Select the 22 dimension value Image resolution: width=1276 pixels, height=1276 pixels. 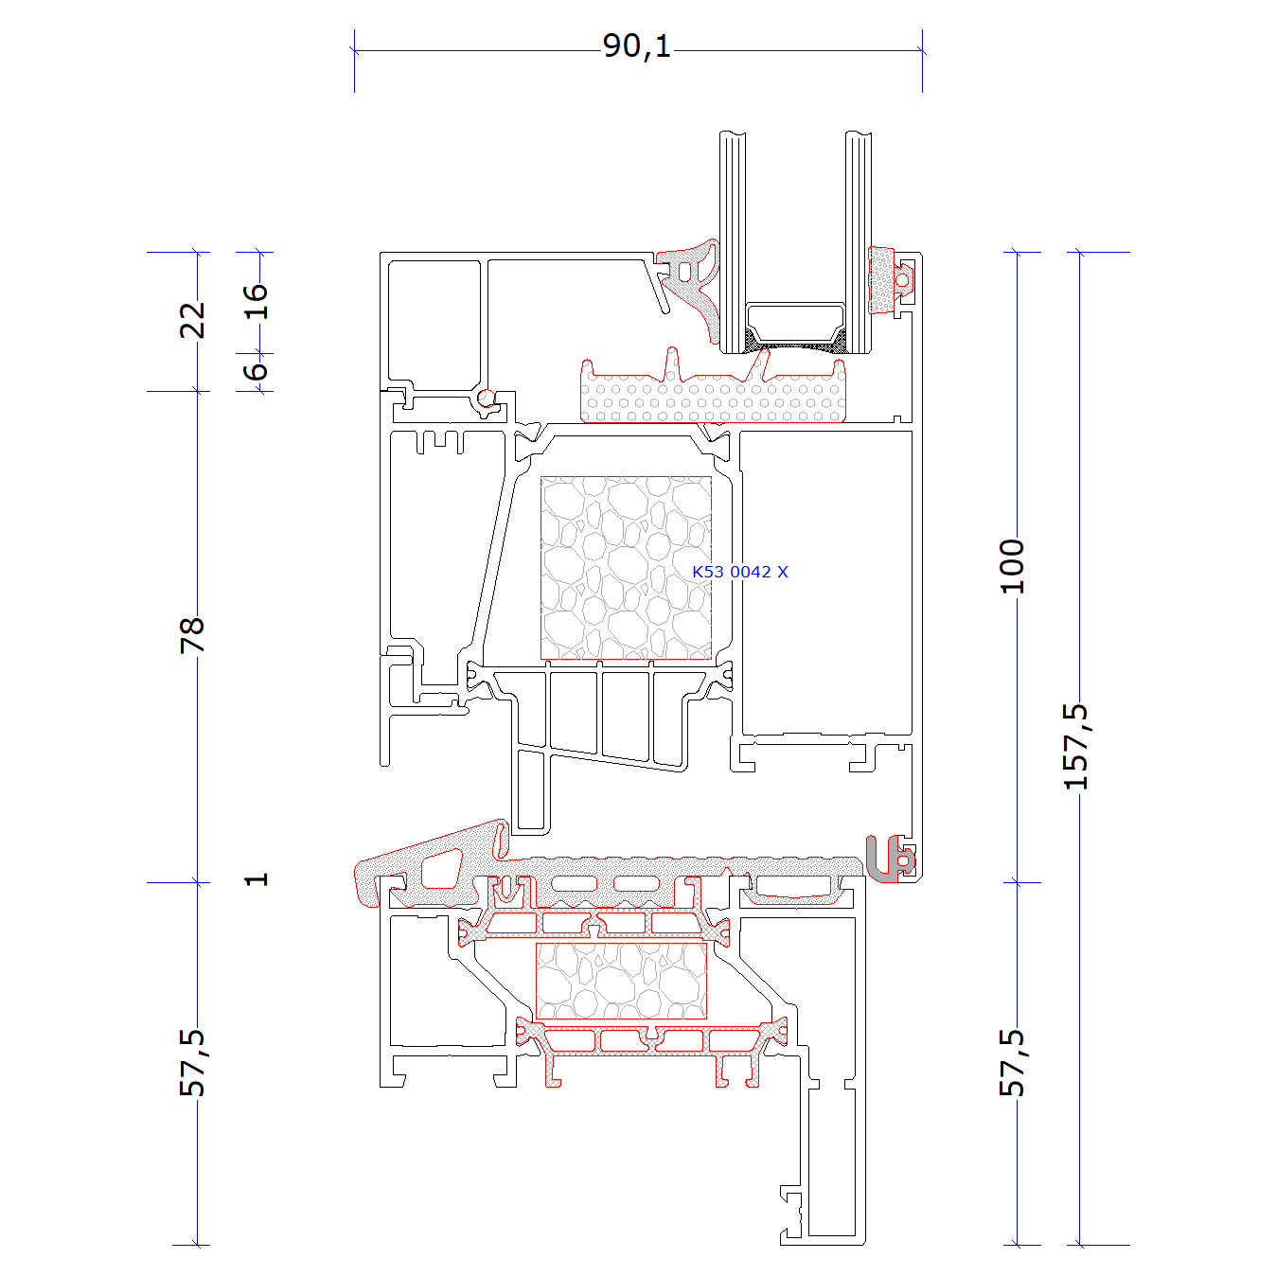click(192, 321)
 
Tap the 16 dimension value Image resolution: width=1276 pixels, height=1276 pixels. click(255, 302)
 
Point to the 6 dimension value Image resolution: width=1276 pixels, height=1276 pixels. click(255, 371)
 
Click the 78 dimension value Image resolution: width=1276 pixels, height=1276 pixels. click(192, 636)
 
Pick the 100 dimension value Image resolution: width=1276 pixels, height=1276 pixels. click(1012, 567)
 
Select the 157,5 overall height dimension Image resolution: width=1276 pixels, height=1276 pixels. click(1075, 747)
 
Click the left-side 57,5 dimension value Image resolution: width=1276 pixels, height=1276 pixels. click(193, 1063)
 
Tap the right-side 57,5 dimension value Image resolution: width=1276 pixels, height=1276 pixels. click(1013, 1063)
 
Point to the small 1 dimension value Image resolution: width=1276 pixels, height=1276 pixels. click(257, 879)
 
